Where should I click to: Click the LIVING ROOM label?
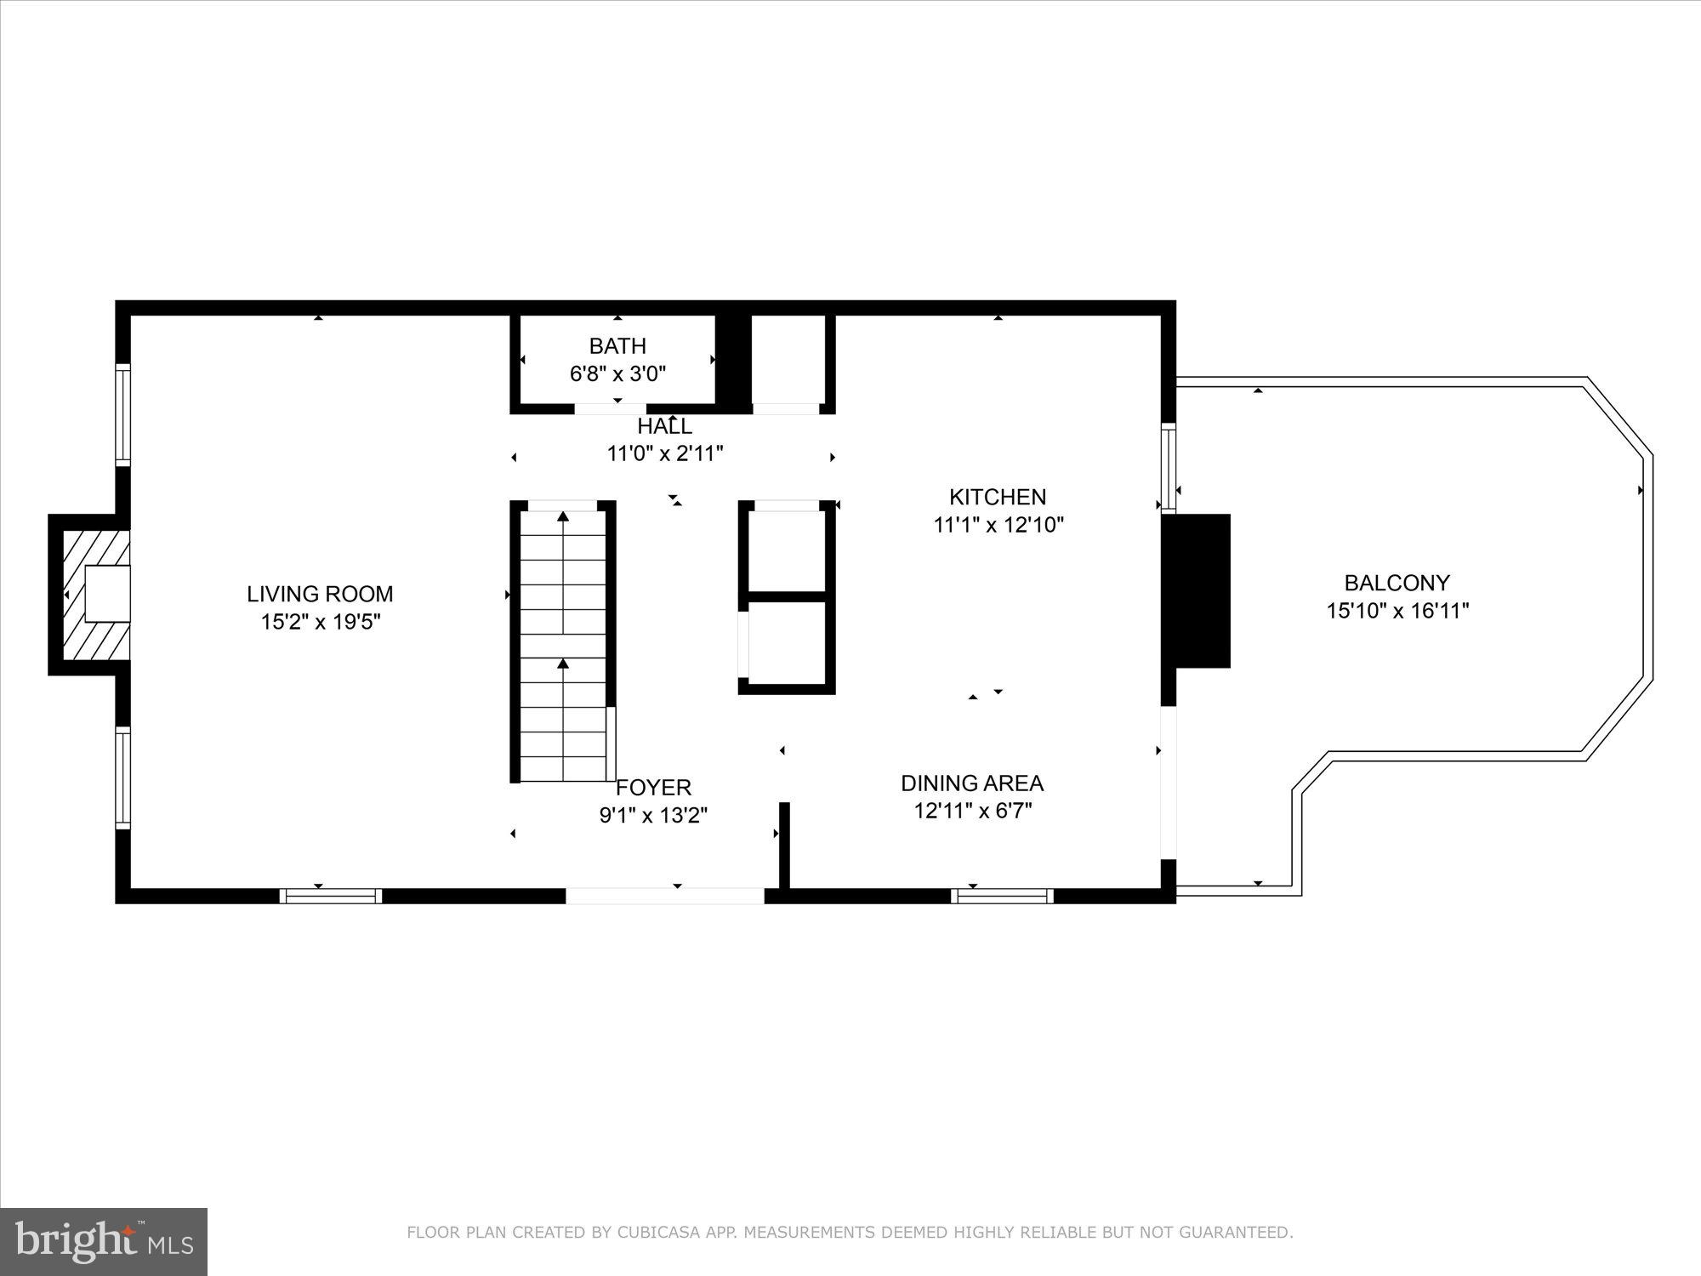[x=320, y=594]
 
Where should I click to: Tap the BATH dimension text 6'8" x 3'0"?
[x=617, y=373]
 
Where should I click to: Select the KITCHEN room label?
[x=998, y=497]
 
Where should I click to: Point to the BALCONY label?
[x=1397, y=583]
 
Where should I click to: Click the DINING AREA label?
[x=972, y=783]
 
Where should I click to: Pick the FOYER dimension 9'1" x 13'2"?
[x=653, y=816]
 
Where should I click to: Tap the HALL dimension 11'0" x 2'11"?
[x=664, y=453]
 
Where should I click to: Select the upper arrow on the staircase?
[x=563, y=516]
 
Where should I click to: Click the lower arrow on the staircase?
[x=563, y=664]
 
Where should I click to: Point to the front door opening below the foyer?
[x=665, y=895]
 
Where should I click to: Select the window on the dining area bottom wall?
[x=1002, y=896]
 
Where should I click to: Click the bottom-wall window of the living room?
[x=330, y=896]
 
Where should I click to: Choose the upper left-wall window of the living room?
[x=124, y=414]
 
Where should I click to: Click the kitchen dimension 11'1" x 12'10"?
[x=998, y=525]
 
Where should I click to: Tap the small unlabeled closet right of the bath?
[x=788, y=361]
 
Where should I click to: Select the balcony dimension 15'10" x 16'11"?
[x=1397, y=611]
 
